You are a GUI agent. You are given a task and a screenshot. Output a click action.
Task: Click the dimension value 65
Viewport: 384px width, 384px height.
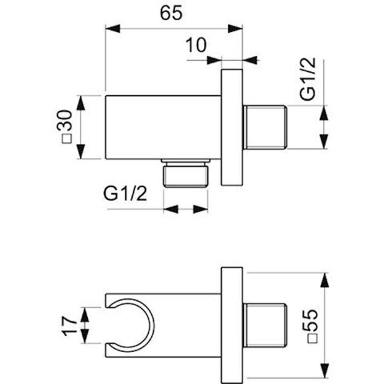pos(173,14)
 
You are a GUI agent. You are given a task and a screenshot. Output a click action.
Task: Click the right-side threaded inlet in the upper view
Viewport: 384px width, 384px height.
pos(266,128)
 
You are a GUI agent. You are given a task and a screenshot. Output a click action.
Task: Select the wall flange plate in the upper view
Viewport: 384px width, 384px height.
pos(232,128)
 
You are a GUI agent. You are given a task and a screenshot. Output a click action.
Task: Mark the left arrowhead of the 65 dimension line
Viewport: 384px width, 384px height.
pos(111,27)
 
